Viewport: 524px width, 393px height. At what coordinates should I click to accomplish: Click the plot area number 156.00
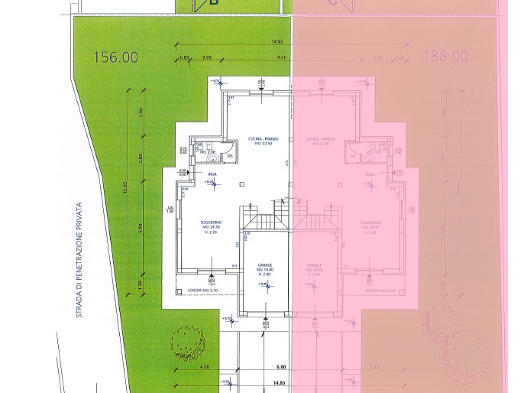coord(115,57)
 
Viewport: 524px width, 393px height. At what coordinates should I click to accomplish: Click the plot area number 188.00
coord(445,57)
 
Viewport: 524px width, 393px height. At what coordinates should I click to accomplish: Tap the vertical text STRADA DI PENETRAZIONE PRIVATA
coord(79,259)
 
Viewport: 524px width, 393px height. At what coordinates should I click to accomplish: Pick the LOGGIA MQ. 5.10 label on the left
coord(202,291)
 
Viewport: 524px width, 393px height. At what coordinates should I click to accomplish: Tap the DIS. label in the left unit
coord(230,156)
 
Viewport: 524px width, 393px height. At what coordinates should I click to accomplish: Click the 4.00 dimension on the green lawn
coord(204,367)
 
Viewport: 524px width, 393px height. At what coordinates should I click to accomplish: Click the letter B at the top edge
coord(214,4)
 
